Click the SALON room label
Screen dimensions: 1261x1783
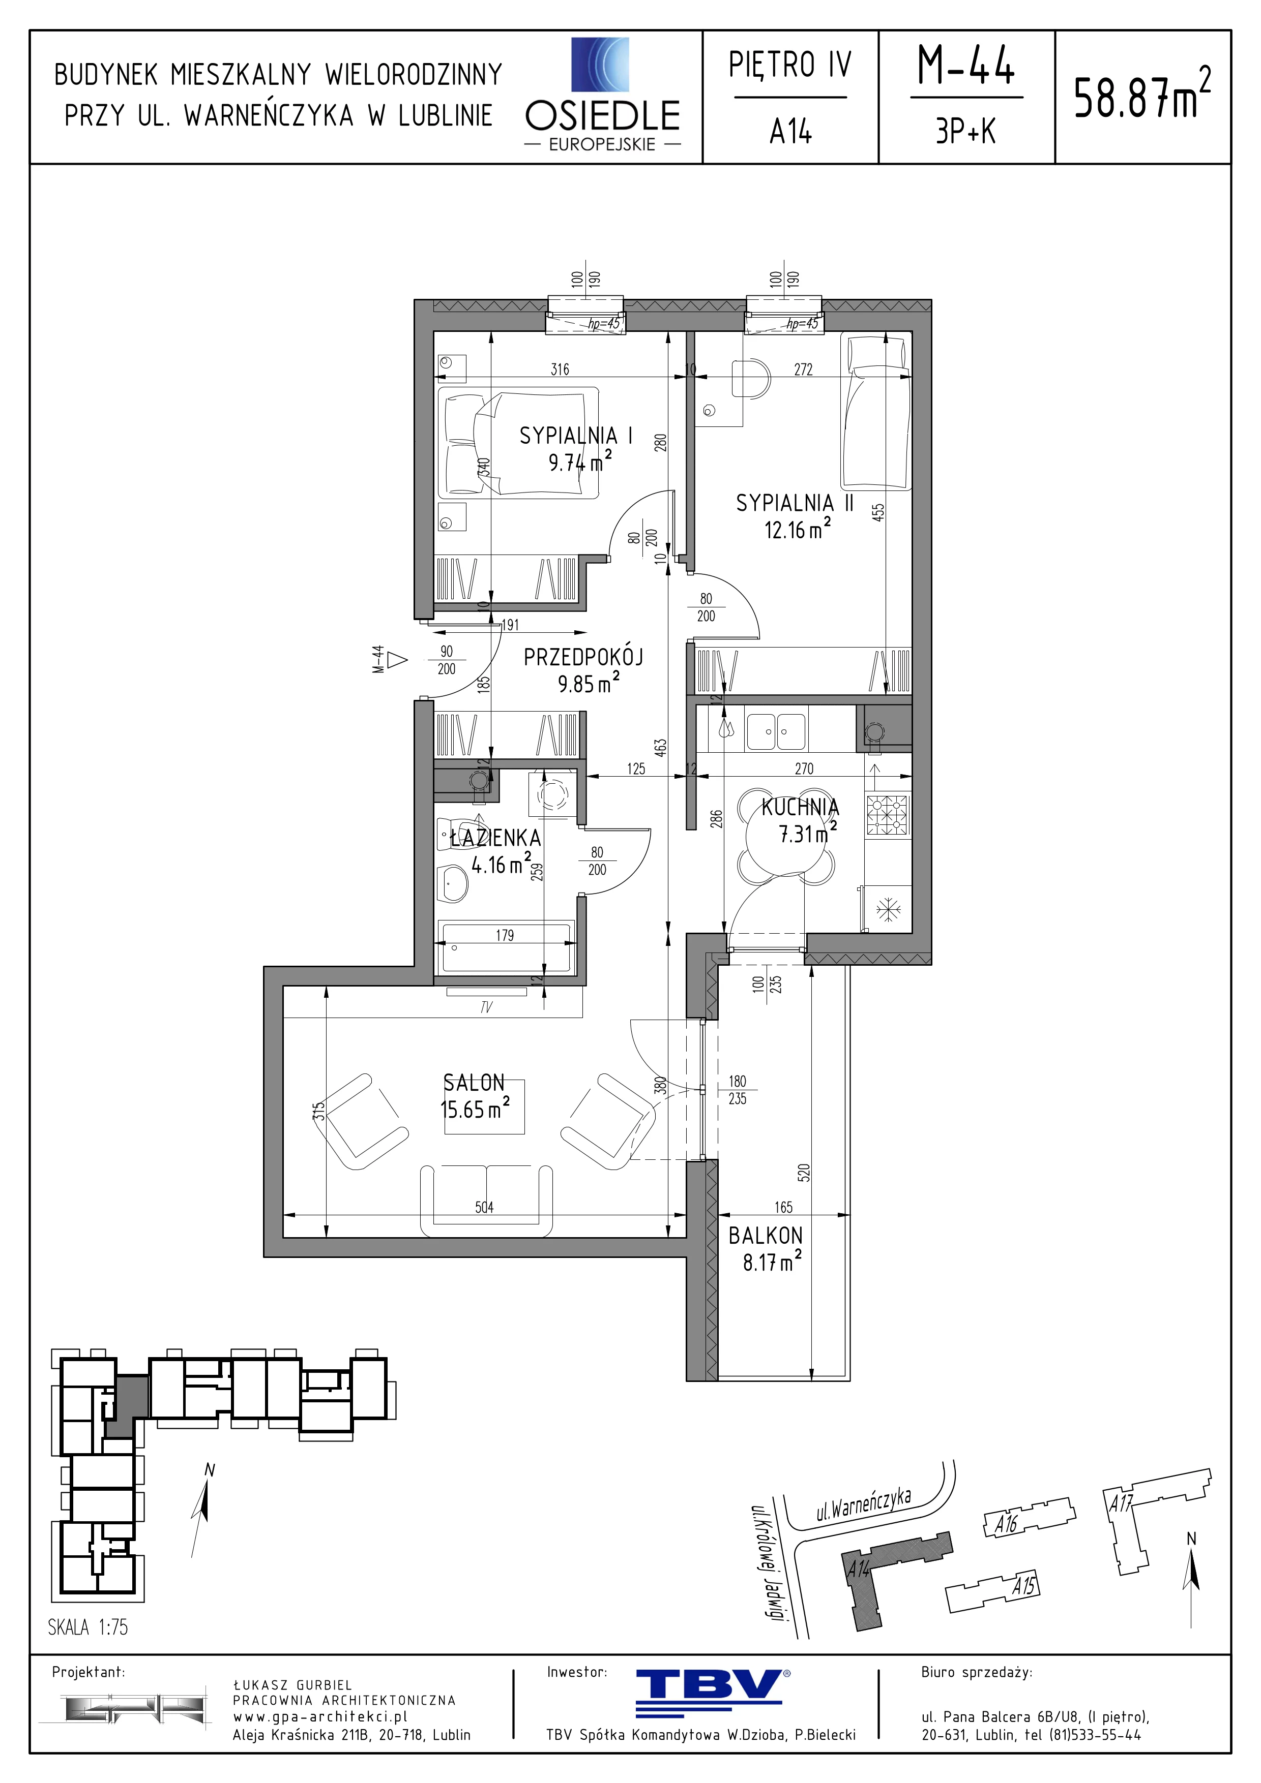[x=474, y=1083]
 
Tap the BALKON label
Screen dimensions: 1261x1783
[x=766, y=1236]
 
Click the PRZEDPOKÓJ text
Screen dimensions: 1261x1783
[x=583, y=657]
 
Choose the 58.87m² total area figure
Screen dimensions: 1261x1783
[x=1142, y=95]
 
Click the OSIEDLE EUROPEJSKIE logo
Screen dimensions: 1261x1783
[x=603, y=95]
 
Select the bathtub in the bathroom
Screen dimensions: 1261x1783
[x=506, y=946]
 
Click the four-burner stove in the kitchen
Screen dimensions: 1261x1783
[x=887, y=815]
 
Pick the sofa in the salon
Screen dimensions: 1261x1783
[x=486, y=1200]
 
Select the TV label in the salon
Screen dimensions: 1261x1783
[x=486, y=1007]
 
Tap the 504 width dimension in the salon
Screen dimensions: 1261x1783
[x=484, y=1207]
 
